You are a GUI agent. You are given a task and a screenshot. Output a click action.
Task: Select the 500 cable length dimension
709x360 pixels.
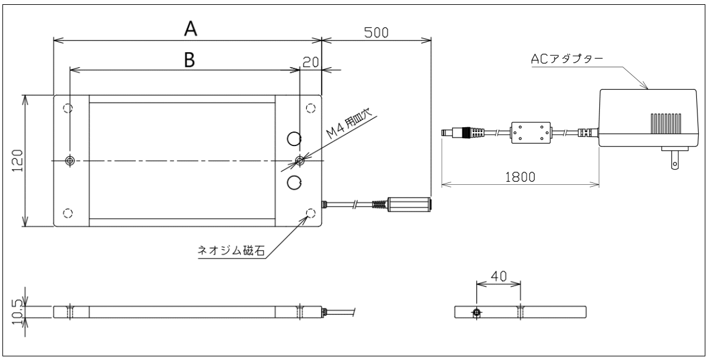(x=376, y=32)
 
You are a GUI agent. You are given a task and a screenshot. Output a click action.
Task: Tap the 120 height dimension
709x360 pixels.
(x=18, y=161)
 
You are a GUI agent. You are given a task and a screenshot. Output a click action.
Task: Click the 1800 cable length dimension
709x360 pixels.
(x=519, y=177)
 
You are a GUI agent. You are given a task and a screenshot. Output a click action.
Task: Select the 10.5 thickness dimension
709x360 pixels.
(x=18, y=311)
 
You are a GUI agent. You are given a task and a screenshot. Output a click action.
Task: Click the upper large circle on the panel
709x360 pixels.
(x=294, y=139)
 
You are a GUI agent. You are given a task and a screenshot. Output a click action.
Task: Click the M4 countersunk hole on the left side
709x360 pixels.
(x=70, y=161)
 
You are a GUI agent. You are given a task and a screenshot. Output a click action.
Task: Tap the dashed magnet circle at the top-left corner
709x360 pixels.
(x=68, y=108)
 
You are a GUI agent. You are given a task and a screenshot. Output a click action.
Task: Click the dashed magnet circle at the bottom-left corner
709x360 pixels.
(x=68, y=213)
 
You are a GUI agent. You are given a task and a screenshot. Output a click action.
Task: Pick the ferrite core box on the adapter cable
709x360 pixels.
(x=530, y=133)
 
